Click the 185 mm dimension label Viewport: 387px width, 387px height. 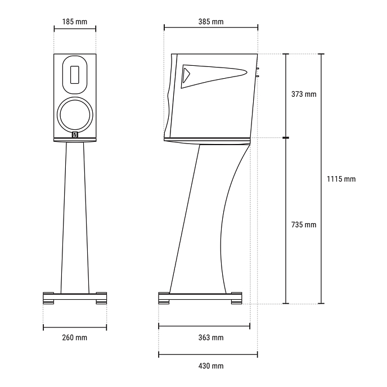point(75,22)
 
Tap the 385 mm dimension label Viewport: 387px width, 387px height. point(211,22)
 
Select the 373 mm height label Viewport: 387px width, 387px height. point(304,94)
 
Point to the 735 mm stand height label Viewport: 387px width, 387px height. point(304,224)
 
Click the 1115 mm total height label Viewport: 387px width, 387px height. point(341,179)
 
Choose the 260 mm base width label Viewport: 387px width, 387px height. point(75,337)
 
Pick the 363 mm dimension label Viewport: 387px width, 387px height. point(211,337)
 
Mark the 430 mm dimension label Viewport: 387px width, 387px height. point(211,366)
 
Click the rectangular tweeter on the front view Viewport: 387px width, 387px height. point(75,75)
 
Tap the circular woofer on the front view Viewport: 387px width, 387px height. point(75,115)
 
